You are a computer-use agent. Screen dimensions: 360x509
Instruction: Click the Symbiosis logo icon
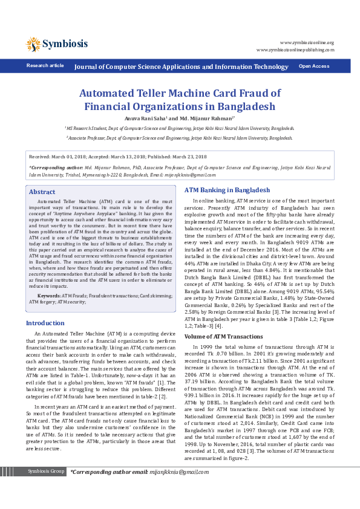tap(33, 44)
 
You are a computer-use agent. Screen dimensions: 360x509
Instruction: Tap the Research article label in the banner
tap(45, 65)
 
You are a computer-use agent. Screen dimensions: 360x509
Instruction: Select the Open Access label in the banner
tap(314, 66)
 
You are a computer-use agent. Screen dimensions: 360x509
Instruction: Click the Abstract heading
tap(42, 192)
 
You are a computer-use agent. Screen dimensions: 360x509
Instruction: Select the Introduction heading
tap(45, 323)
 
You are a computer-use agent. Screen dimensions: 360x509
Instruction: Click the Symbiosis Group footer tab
tap(47, 488)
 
